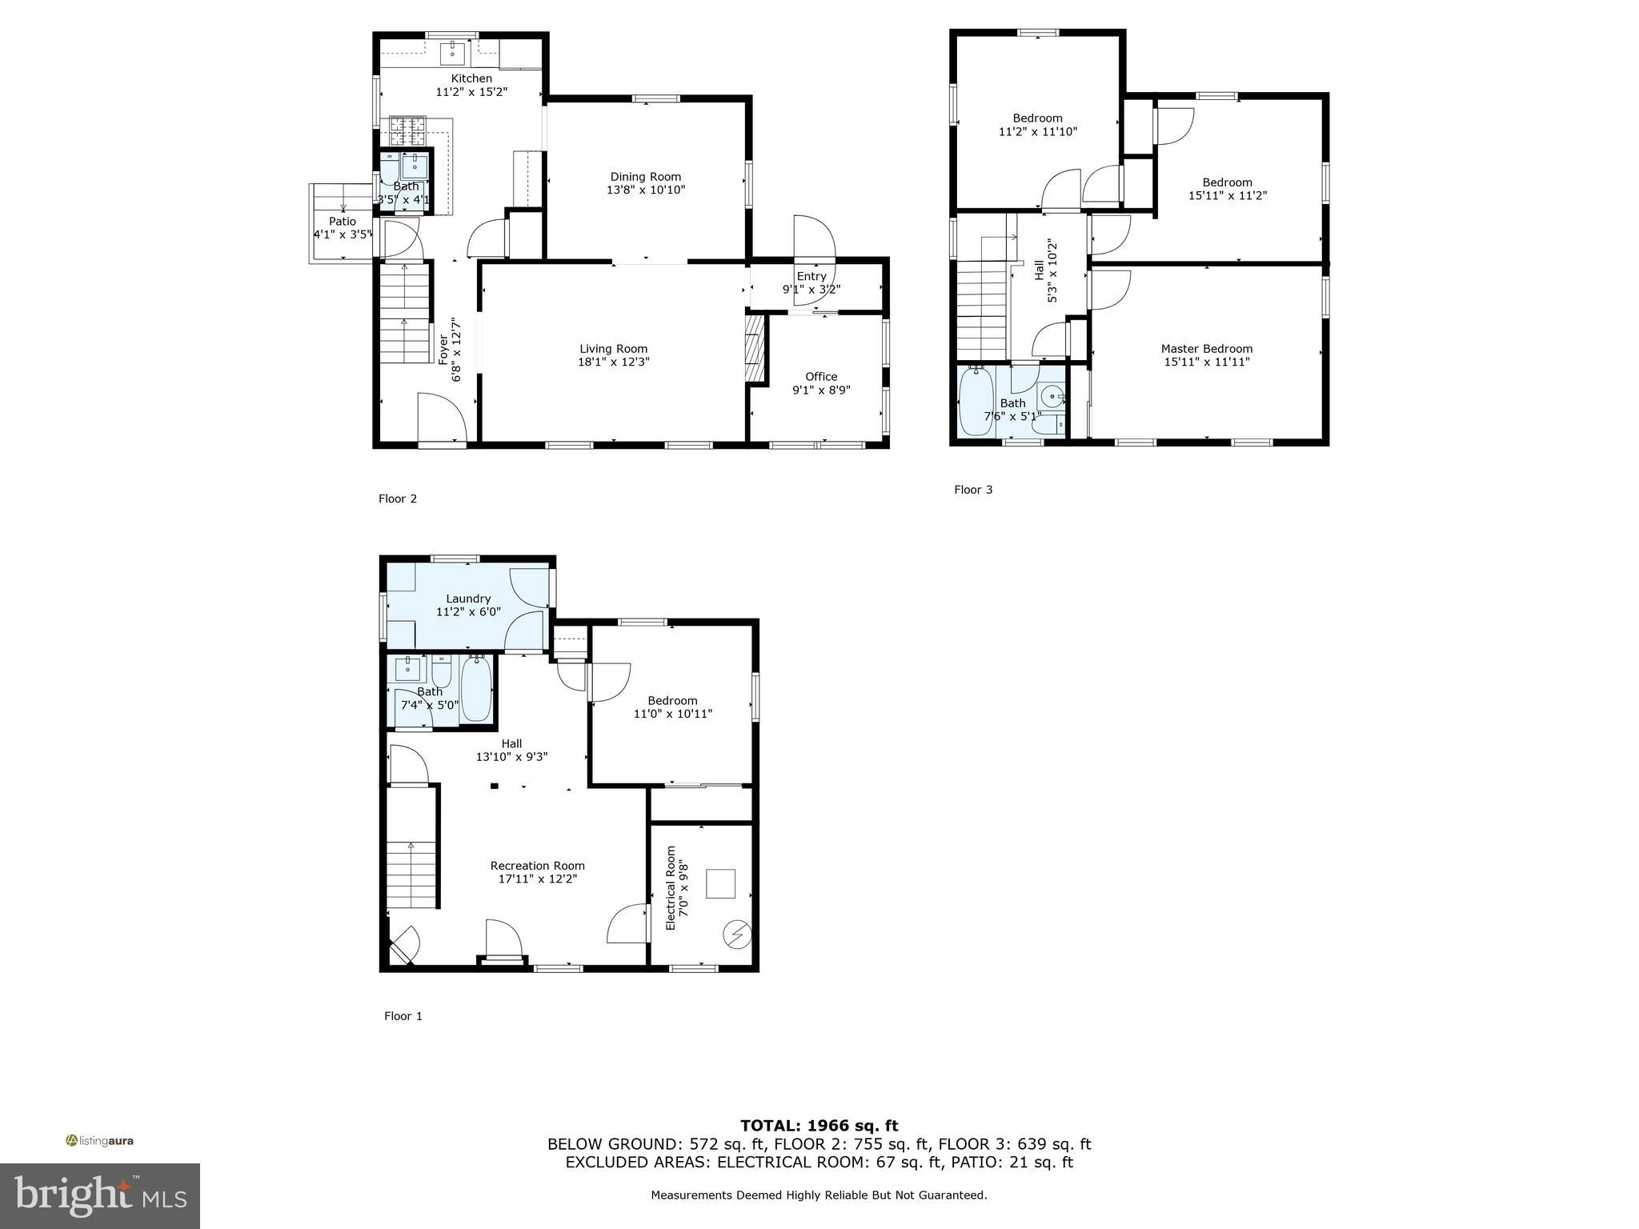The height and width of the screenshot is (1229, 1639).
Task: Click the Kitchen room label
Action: [x=471, y=78]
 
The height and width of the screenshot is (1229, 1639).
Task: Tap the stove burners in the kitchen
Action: [x=407, y=130]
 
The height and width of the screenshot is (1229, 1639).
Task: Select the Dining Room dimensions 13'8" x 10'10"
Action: [x=646, y=190]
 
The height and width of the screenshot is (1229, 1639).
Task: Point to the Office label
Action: [x=821, y=377]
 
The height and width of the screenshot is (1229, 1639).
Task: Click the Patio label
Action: [x=343, y=222]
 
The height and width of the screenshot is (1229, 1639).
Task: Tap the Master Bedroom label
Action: [x=1207, y=349]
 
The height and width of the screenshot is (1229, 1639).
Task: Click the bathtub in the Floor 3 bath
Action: [x=975, y=402]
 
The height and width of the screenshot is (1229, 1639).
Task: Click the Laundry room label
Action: [x=468, y=598]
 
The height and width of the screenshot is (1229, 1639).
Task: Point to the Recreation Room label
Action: [x=537, y=866]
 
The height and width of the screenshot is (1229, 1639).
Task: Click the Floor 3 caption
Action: [x=973, y=490]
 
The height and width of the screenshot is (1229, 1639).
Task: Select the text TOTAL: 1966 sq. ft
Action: [x=819, y=1126]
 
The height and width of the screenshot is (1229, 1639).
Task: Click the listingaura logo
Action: [x=99, y=1141]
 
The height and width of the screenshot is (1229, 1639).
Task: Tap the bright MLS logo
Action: [x=100, y=1196]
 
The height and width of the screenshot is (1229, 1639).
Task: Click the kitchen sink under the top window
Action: [x=452, y=54]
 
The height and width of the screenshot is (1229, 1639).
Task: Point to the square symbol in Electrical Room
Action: [x=721, y=884]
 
